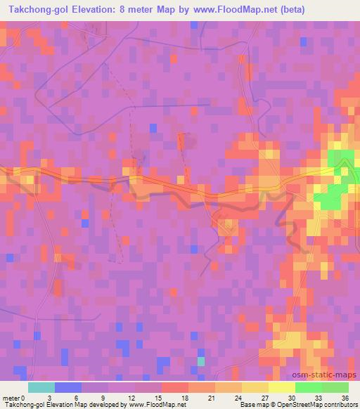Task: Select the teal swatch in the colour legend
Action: coord(41,387)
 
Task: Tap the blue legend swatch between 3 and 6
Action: coord(68,387)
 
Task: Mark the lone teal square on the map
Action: coord(202,361)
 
